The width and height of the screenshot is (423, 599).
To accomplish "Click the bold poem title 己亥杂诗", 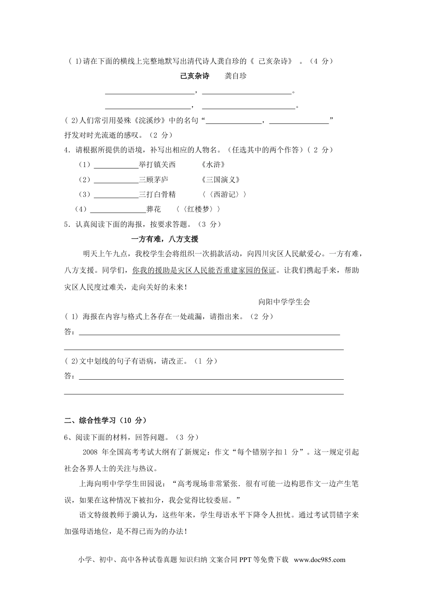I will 195,76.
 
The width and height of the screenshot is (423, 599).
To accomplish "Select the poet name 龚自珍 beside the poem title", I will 236,76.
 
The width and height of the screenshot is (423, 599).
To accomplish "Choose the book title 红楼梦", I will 198,209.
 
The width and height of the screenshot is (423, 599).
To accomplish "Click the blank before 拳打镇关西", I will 116,166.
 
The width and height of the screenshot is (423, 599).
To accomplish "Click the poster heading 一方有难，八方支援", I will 165,239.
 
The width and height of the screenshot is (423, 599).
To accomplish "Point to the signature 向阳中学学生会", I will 284,302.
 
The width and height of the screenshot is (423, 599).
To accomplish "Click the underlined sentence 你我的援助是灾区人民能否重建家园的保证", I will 204,271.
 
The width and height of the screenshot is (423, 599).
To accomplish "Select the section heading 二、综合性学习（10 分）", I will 106,420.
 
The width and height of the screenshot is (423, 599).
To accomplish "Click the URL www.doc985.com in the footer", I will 319,560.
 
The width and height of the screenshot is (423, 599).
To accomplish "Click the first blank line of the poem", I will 150,92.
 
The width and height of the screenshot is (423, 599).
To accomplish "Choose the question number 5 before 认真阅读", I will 66,224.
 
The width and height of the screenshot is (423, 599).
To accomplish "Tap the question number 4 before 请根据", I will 66,150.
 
